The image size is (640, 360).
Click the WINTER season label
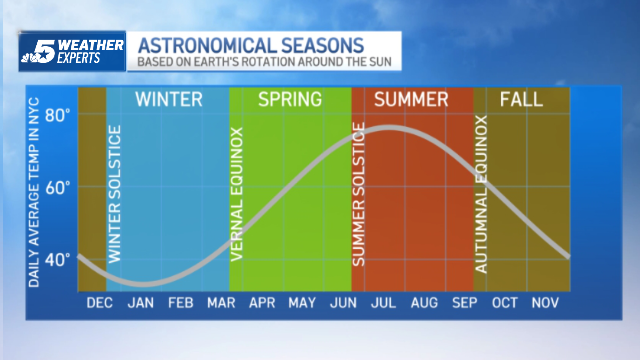pyautogui.click(x=169, y=99)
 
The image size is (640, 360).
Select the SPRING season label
pyautogui.click(x=290, y=99)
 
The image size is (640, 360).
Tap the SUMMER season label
pyautogui.click(x=411, y=99)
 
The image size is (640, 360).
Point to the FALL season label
pyautogui.click(x=521, y=99)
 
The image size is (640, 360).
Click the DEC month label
pyautogui.click(x=99, y=303)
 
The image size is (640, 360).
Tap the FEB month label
pyautogui.click(x=181, y=303)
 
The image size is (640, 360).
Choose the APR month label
pyautogui.click(x=262, y=303)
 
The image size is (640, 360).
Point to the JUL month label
pyautogui.click(x=383, y=303)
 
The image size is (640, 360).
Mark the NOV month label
pyautogui.click(x=545, y=303)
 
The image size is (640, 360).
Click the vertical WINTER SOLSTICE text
pyautogui.click(x=114, y=194)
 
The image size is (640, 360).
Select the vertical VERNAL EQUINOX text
pyautogui.click(x=237, y=194)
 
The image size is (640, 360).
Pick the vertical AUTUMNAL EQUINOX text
pyautogui.click(x=481, y=194)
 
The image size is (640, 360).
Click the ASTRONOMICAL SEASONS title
pyautogui.click(x=251, y=46)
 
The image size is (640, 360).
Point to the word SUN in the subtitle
pyautogui.click(x=380, y=62)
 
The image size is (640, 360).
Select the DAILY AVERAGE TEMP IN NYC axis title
pyautogui.click(x=34, y=192)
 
